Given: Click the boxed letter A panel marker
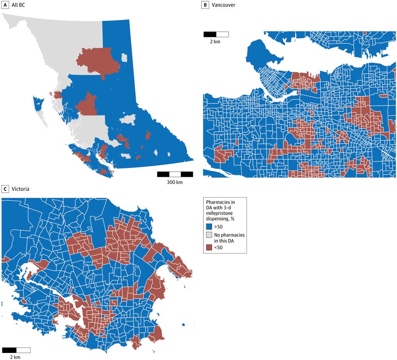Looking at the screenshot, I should (5, 5).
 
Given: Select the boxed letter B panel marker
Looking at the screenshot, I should (205, 5).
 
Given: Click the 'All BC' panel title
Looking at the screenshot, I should (18, 5).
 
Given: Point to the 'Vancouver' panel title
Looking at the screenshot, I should (224, 5).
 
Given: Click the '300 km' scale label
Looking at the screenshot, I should (175, 182).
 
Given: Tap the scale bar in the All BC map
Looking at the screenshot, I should (175, 174).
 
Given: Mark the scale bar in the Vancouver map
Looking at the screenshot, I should (216, 34).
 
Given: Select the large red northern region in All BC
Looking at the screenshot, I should (97, 62).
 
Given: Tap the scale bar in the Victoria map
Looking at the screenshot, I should (16, 350).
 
